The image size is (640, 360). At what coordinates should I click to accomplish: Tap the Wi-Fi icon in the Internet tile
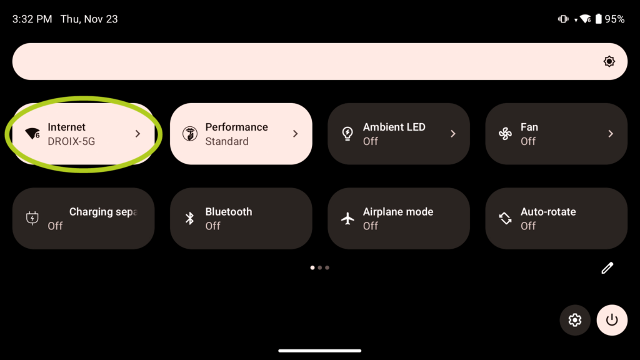point(32,134)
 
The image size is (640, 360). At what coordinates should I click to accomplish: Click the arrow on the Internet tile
point(138,134)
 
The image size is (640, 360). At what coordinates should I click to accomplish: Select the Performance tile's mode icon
point(190,134)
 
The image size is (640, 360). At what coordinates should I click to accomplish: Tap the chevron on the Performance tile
point(296,134)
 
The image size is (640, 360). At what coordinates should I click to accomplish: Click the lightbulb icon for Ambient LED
point(347,134)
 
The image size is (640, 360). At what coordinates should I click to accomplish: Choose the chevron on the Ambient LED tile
point(453,134)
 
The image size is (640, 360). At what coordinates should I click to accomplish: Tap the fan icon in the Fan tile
point(505,134)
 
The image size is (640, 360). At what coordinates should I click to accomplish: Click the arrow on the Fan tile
point(611,134)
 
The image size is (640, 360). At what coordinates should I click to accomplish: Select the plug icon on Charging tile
point(32,218)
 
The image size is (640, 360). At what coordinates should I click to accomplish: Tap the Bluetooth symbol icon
point(190,218)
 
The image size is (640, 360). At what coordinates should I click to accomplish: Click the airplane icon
point(347,218)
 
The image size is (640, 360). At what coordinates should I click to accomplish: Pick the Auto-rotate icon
point(505,218)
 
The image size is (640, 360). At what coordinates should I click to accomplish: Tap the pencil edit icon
point(607,267)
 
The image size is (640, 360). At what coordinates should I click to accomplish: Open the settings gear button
point(575,320)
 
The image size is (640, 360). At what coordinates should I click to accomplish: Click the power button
point(612,320)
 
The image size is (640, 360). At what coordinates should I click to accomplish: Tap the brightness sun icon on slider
point(609,61)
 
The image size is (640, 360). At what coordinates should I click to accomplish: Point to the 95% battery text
point(615,19)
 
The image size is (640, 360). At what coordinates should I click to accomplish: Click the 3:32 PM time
point(32,19)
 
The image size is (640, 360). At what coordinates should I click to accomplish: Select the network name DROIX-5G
point(71,141)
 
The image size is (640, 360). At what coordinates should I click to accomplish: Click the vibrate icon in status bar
point(563,19)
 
